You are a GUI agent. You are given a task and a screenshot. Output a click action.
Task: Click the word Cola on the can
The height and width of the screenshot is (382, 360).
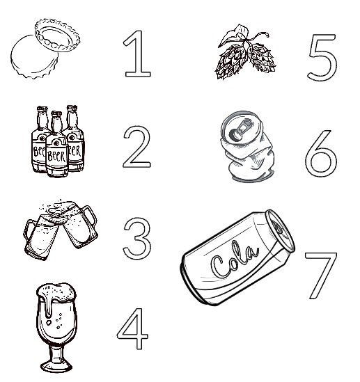235,261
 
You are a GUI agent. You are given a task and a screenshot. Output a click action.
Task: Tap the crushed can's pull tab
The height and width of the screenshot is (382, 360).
240,130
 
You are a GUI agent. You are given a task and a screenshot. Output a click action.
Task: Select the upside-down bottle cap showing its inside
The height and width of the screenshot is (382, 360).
57,35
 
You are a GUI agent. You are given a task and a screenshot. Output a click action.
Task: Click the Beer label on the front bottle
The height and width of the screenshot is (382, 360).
56,155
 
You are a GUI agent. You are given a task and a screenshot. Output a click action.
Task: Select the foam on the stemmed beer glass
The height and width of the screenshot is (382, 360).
56,292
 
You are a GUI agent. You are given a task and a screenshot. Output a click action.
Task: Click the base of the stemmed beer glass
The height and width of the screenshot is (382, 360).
56,366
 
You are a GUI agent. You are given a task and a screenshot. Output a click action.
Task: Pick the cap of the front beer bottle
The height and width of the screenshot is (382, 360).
56,113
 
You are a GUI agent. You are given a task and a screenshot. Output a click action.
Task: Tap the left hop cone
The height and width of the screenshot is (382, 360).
230,61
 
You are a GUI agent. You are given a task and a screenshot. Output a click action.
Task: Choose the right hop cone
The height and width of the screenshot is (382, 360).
262,58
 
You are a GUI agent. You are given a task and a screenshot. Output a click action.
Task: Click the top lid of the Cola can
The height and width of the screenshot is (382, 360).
281,230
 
